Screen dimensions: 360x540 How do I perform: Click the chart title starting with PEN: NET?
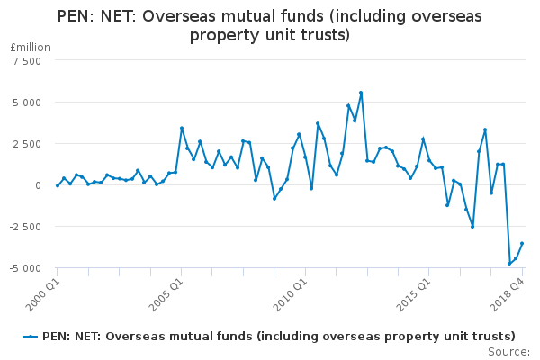[270, 26]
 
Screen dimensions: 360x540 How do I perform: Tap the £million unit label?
[26, 46]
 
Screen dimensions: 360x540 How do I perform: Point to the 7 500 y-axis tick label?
[26, 61]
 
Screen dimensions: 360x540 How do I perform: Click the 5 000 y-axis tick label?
[26, 103]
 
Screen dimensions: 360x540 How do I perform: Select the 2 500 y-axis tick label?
[26, 144]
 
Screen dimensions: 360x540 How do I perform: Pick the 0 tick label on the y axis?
[38, 185]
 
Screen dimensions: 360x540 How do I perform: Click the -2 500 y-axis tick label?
[24, 227]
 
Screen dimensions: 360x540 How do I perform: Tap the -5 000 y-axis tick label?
[24, 268]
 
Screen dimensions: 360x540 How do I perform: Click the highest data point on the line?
[361, 93]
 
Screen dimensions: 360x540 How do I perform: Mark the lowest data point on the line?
[509, 264]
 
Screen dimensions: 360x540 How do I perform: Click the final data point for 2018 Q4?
[522, 244]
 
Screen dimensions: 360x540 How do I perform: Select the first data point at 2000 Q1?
[58, 185]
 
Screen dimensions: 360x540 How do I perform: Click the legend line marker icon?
[31, 336]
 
